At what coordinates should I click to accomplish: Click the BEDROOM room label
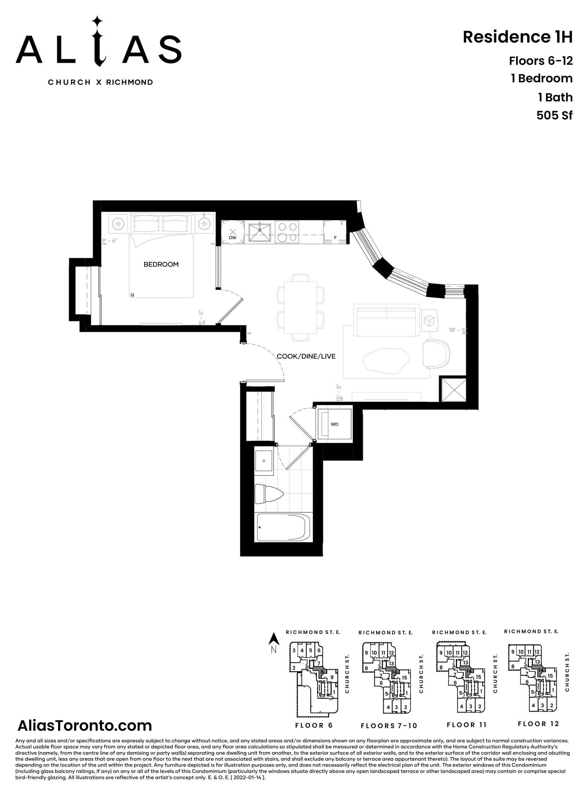[161, 264]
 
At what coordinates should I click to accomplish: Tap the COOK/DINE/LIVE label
[306, 356]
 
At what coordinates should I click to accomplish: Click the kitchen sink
[260, 232]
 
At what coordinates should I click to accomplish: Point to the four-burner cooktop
[287, 232]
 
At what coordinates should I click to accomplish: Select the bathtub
[283, 527]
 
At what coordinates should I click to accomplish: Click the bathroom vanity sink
[264, 461]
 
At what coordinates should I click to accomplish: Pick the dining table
[301, 307]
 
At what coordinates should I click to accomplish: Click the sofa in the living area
[387, 320]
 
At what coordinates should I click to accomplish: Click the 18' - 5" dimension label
[457, 330]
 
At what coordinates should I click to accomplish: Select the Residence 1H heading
[517, 37]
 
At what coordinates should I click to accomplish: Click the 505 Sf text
[554, 115]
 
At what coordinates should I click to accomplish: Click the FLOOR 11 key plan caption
[466, 725]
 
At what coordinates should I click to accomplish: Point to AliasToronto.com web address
[85, 725]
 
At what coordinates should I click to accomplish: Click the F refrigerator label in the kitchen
[335, 238]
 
